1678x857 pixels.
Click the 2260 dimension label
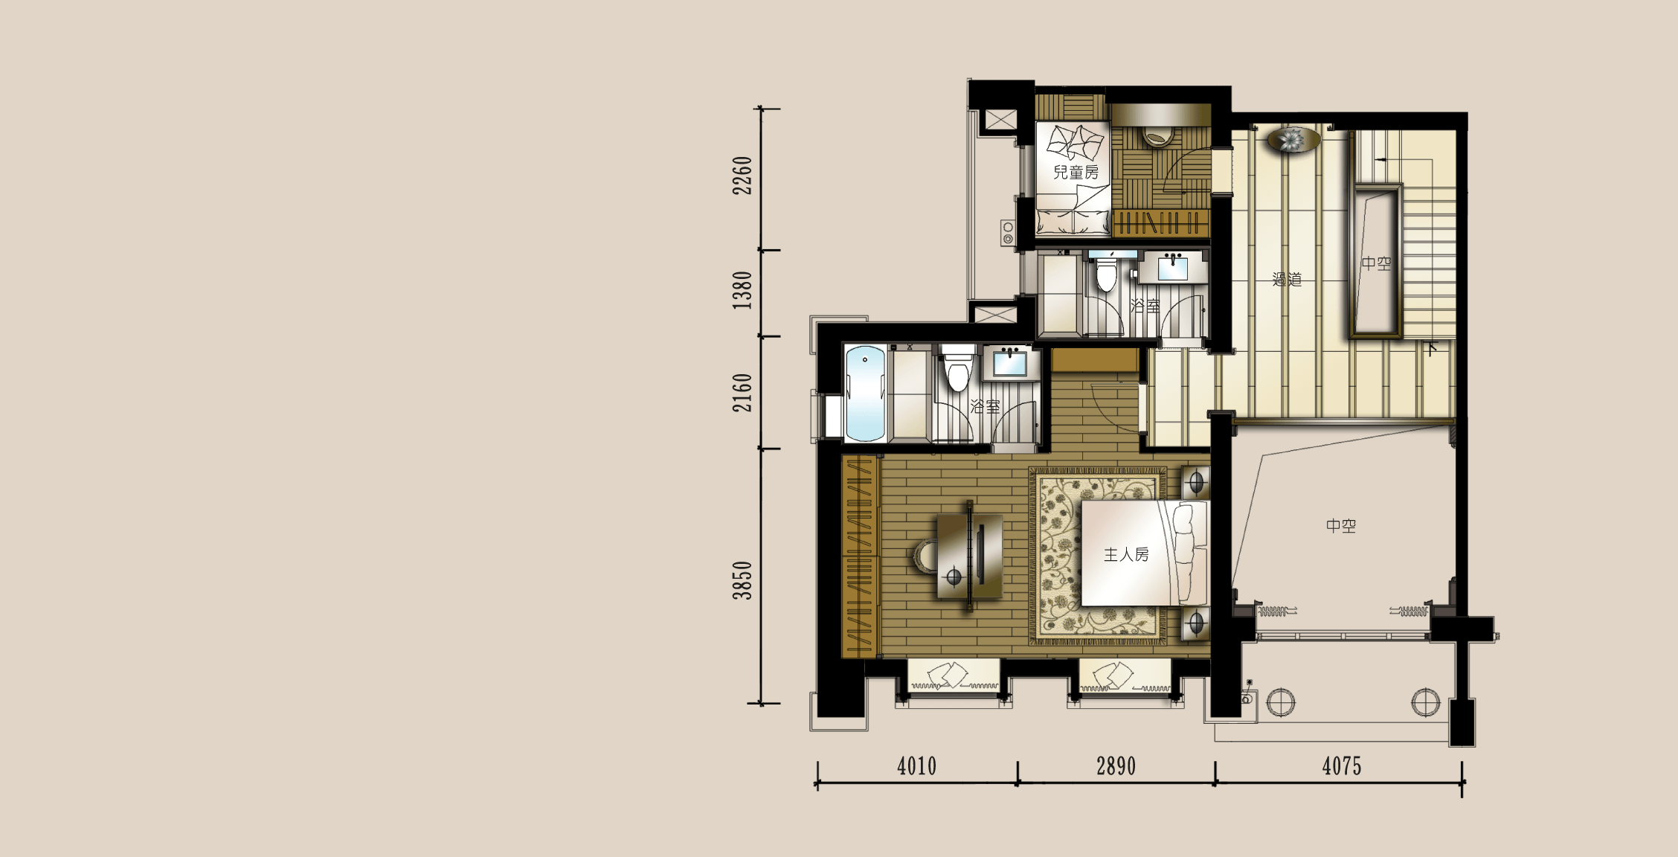coord(742,176)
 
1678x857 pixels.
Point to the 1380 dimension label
coord(742,290)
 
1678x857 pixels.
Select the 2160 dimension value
coord(742,393)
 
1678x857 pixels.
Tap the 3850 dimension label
coord(742,580)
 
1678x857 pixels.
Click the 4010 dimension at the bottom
coord(916,766)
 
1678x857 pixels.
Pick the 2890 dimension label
coord(1116,766)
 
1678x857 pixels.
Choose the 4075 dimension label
coord(1342,766)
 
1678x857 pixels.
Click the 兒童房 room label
coord(1076,173)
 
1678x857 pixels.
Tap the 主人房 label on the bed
coord(1126,554)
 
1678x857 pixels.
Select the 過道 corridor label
coord(1287,280)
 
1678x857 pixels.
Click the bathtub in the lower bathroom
coord(865,394)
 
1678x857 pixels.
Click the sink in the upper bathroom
coord(1173,267)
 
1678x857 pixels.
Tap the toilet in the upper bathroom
coord(1107,272)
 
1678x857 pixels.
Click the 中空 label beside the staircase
coord(1376,263)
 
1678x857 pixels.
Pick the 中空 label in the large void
coord(1341,526)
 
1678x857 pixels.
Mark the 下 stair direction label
coord(1432,348)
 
